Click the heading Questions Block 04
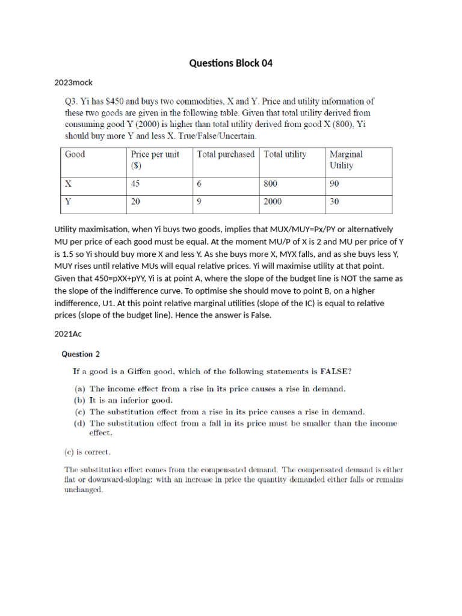231,63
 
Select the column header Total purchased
226,154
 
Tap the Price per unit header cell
155,159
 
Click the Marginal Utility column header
346,159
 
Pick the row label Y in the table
69,203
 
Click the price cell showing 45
137,185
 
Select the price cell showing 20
137,203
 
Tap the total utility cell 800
271,185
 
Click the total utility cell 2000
273,203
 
